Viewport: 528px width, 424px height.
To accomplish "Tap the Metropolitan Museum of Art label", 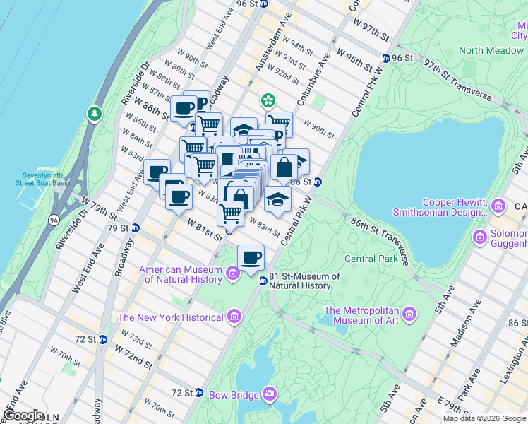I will tap(362, 315).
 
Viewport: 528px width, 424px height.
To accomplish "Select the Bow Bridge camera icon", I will tap(270, 393).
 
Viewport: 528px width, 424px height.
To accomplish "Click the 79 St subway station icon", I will tap(135, 228).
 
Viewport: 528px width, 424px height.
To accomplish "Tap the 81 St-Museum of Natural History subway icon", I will tap(263, 281).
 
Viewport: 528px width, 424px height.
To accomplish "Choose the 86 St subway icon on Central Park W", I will tap(318, 182).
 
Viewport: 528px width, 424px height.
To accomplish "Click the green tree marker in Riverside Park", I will tap(94, 113).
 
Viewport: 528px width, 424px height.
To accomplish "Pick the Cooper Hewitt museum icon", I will tap(499, 206).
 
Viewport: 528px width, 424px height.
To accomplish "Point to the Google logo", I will tap(23, 416).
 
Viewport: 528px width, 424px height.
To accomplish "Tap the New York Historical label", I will tap(171, 317).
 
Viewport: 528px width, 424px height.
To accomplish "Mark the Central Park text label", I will tap(371, 258).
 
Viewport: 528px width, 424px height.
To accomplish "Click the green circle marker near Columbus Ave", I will tap(268, 100).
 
